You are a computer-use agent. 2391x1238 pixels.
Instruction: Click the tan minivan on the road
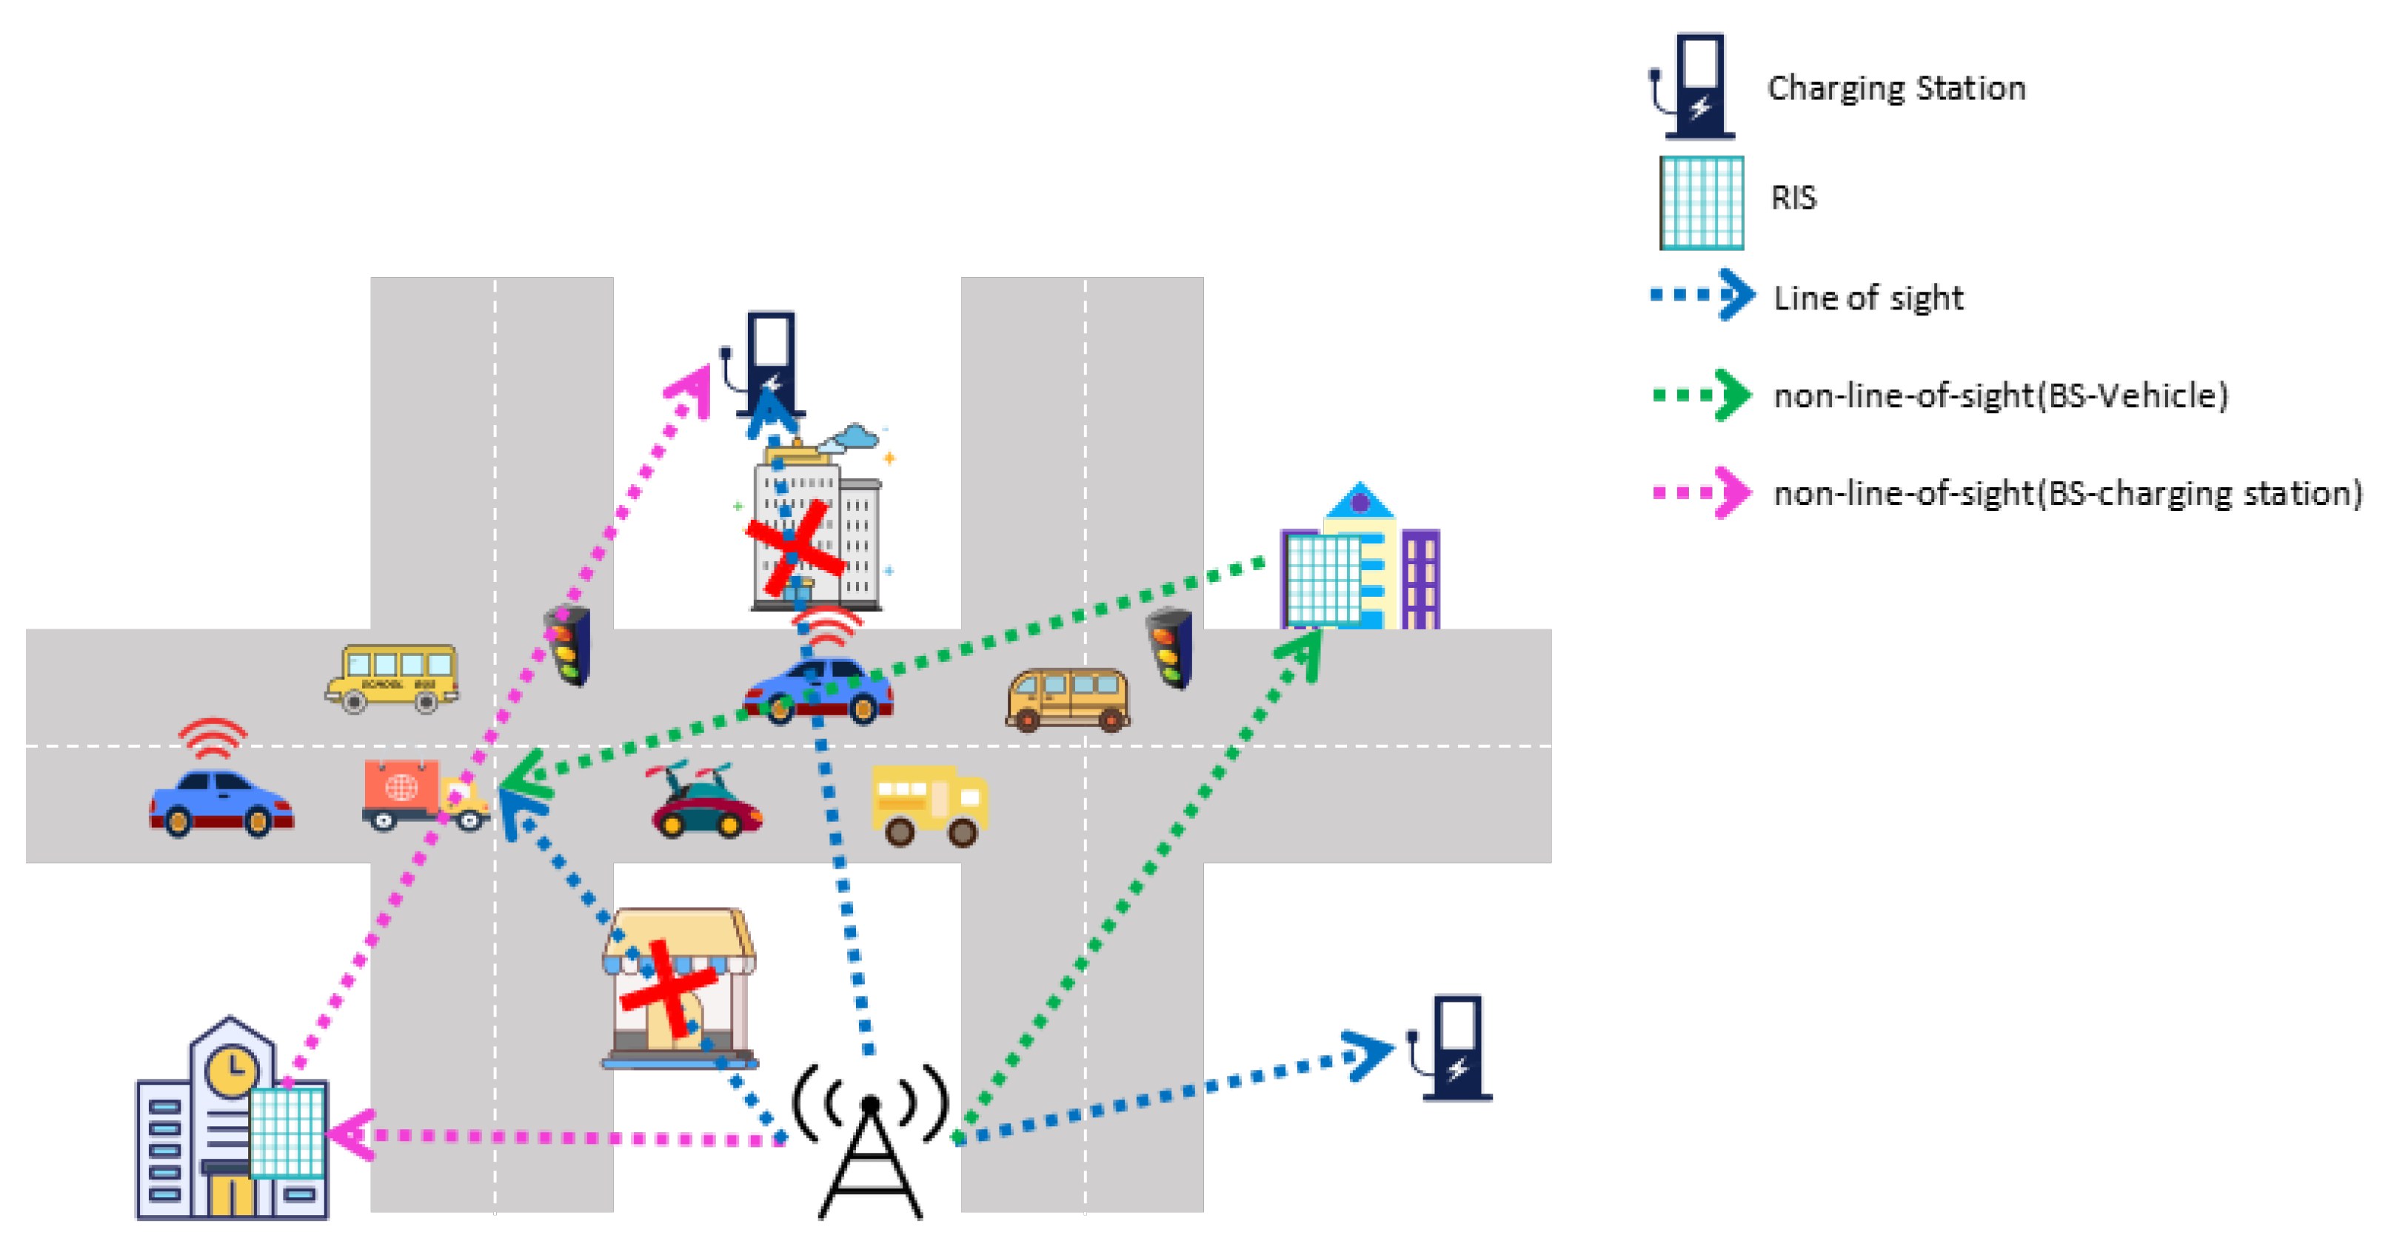coord(1068,698)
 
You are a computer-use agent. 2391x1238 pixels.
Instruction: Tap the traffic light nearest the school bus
coord(568,645)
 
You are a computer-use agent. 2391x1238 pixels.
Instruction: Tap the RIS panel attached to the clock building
coord(288,1133)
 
